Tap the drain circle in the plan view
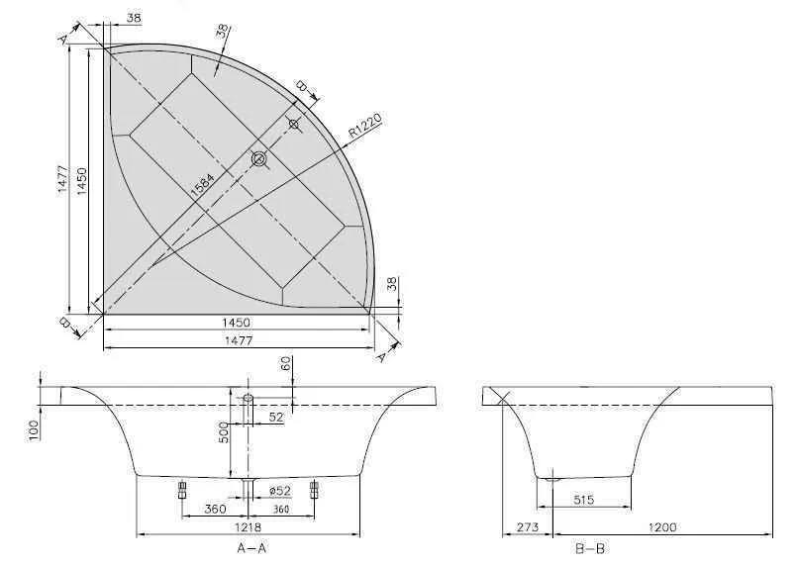click(259, 158)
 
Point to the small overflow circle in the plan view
click(293, 124)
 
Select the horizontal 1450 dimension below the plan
click(236, 323)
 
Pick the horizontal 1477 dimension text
click(236, 340)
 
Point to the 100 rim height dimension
click(35, 427)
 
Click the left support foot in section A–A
click(182, 489)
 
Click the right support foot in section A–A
click(315, 489)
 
